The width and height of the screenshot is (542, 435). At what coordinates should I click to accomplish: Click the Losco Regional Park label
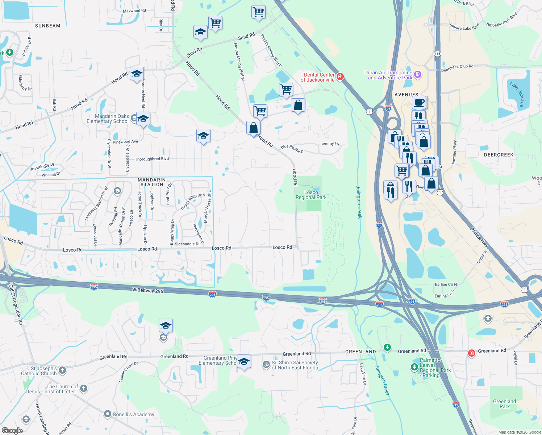pos(311,195)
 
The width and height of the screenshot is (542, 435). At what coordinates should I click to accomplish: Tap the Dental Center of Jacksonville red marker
pos(340,76)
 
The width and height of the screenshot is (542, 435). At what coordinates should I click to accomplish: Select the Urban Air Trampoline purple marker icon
pos(417,75)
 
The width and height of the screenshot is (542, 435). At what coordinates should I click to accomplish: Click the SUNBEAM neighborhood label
pos(48,26)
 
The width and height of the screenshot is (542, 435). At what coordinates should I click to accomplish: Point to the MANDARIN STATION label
pos(152,182)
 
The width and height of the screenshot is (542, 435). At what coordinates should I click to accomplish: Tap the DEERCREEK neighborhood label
pos(499,155)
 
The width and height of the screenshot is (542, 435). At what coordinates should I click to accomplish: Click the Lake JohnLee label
pos(517,94)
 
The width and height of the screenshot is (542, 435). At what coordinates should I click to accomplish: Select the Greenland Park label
pos(504,404)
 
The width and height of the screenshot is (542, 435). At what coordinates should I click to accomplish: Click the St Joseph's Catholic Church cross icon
pos(62,370)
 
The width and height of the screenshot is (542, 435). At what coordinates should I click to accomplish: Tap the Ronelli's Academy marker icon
pos(107,414)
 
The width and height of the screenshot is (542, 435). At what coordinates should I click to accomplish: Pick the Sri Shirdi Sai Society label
pos(295,365)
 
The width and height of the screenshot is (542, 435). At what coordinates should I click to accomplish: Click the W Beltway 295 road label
pos(147,290)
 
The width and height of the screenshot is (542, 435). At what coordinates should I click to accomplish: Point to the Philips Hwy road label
pos(479,237)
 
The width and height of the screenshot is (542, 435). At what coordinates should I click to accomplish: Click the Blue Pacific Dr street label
pos(293,149)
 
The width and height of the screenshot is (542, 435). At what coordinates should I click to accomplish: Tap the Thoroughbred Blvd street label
pos(152,159)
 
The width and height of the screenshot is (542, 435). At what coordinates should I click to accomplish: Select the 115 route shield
pos(437,54)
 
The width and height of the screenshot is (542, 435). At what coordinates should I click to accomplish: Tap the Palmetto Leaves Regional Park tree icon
pos(414,367)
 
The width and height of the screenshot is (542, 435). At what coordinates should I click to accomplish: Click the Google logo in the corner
pos(12,430)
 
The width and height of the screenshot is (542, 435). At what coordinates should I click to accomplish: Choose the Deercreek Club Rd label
pos(457,68)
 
